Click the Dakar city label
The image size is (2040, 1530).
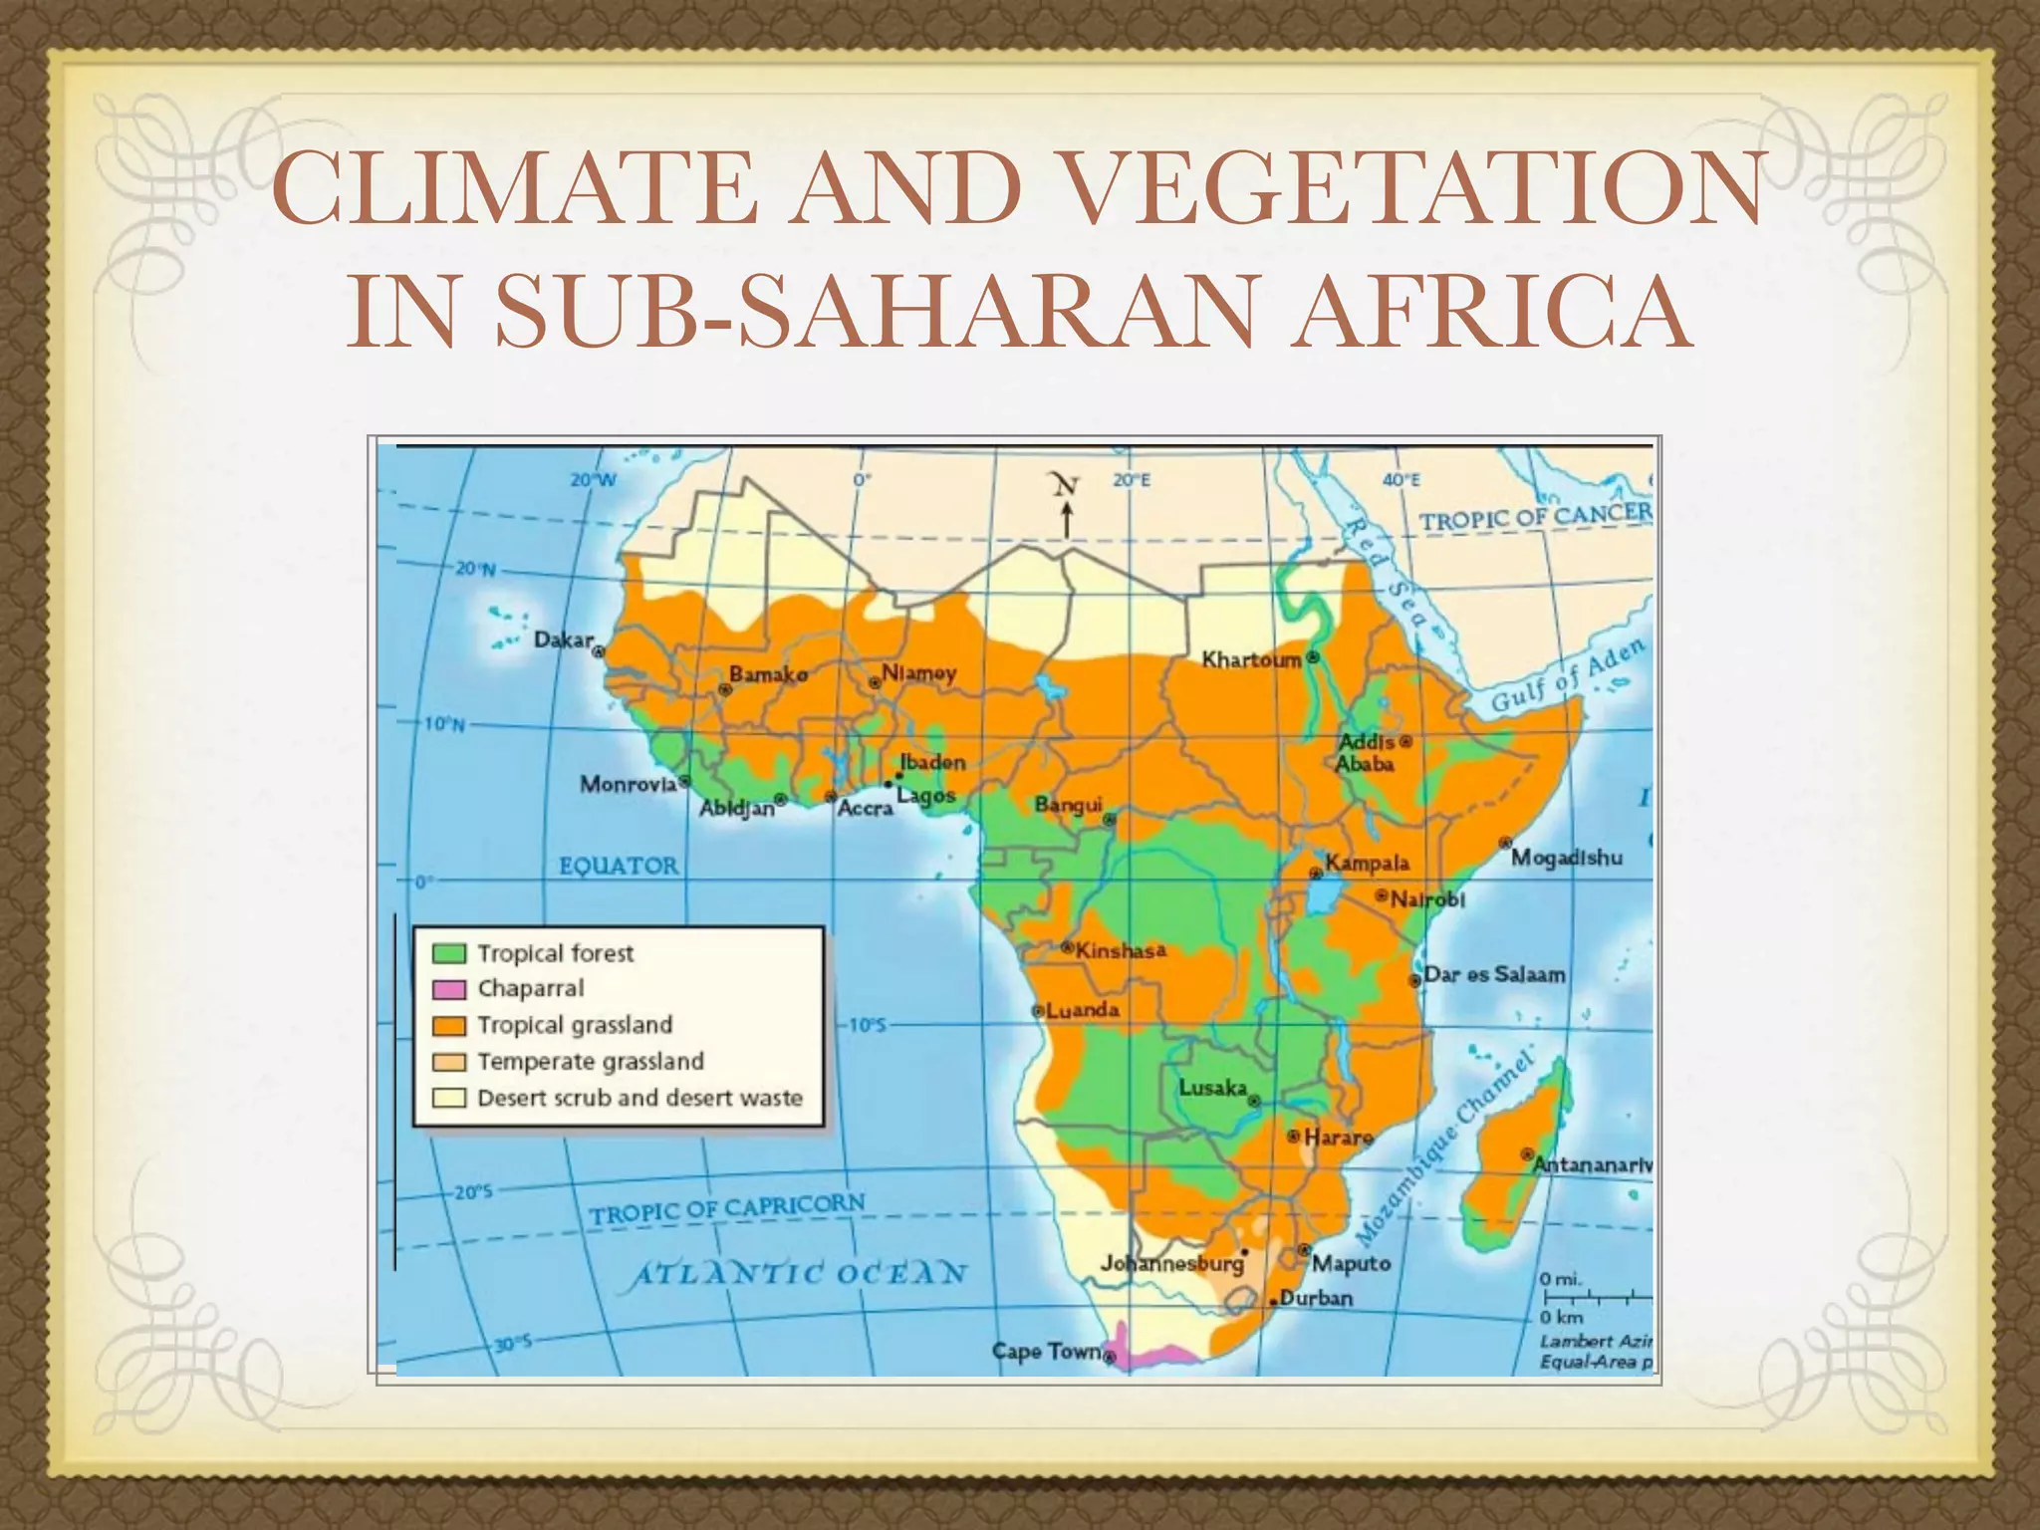coord(564,640)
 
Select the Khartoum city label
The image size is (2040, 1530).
coord(1251,659)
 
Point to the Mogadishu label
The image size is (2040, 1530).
coord(1567,858)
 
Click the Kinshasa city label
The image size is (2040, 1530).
coord(1120,950)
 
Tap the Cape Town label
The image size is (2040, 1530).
coord(1046,1352)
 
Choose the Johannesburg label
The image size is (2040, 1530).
coord(1172,1263)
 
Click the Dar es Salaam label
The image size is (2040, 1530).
coord(1494,974)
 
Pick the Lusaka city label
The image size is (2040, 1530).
coord(1212,1087)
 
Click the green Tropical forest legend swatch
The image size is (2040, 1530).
coord(449,953)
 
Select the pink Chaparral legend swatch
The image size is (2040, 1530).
coord(449,989)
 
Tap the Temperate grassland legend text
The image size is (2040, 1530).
coord(591,1062)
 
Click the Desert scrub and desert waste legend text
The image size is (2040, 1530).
coord(639,1098)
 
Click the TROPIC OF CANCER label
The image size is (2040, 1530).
coord(1535,517)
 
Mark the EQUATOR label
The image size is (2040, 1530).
coord(619,866)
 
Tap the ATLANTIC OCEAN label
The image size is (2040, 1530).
coord(801,1274)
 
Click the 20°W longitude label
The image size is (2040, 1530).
coord(594,480)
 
